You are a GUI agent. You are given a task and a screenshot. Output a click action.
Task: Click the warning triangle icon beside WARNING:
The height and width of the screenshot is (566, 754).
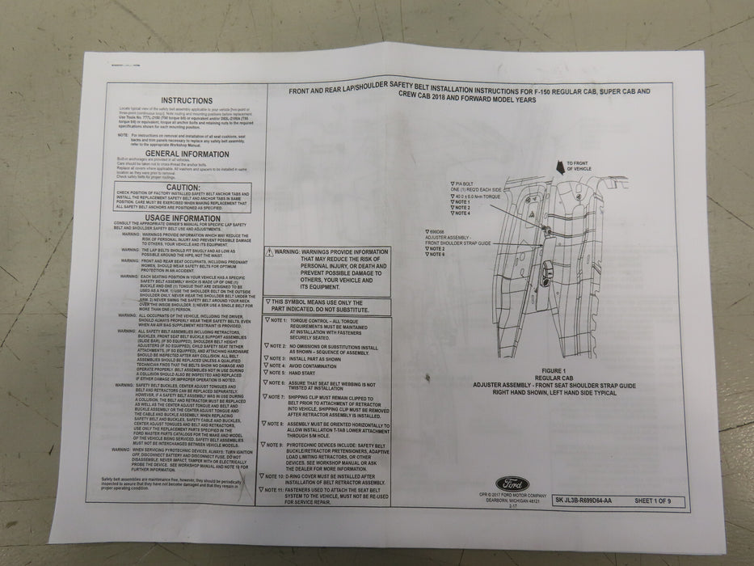coord(271,252)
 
